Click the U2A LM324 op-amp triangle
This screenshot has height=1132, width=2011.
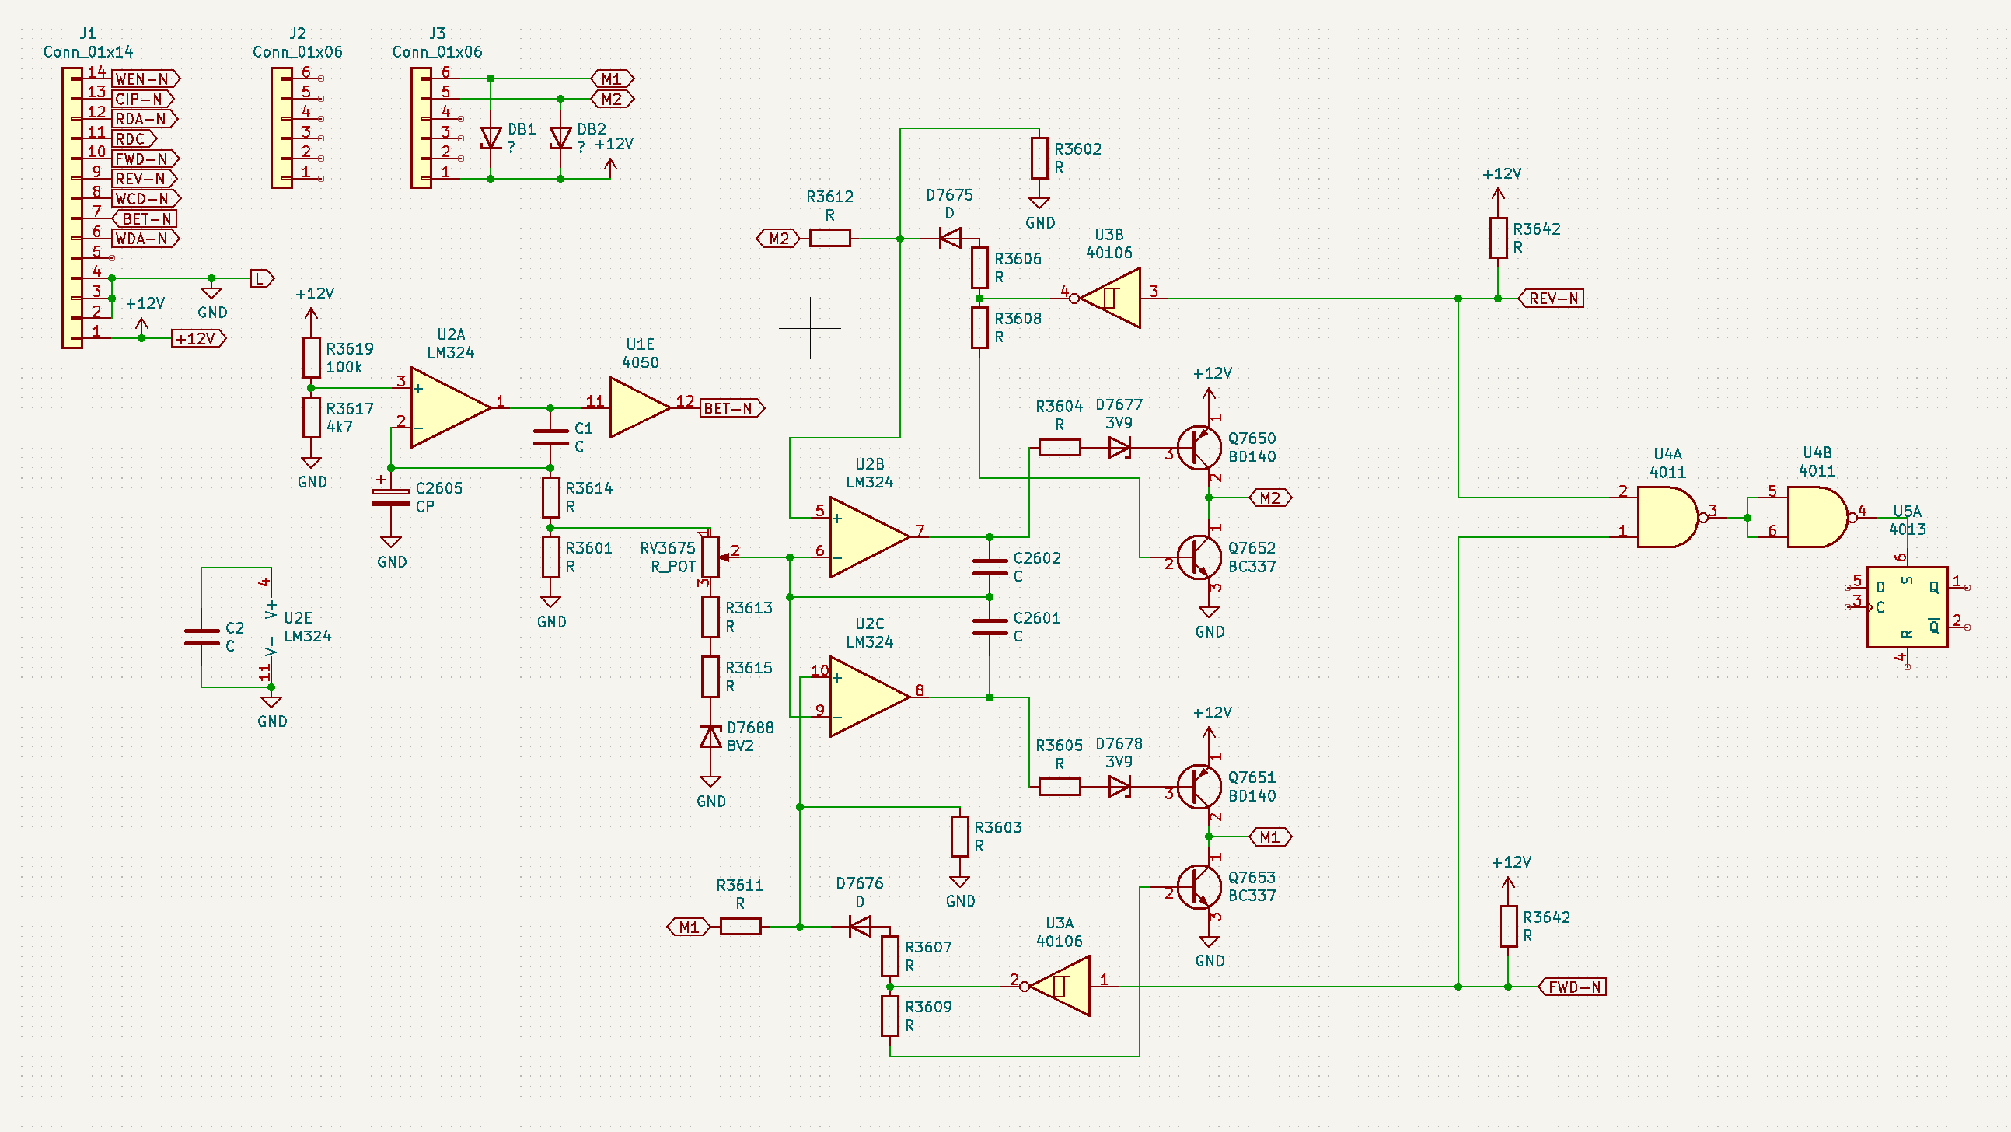pos(450,407)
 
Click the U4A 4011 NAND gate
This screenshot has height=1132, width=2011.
pos(1667,517)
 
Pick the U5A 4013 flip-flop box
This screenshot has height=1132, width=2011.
pos(1907,607)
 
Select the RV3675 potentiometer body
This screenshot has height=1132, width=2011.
pos(710,557)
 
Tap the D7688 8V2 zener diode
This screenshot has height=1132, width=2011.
pos(710,736)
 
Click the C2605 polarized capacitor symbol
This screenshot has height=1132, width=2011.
pos(390,497)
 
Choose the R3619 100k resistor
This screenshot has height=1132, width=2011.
pos(312,358)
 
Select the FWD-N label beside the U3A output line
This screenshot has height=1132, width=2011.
pos(1573,987)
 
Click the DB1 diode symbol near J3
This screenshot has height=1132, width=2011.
pos(491,138)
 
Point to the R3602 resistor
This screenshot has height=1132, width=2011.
pos(1039,158)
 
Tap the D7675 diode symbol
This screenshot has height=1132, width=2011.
pos(950,238)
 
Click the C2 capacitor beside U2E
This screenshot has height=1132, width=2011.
pos(201,637)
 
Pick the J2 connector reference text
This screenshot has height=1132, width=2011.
pos(298,33)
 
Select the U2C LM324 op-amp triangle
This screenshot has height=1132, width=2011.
pos(870,697)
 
